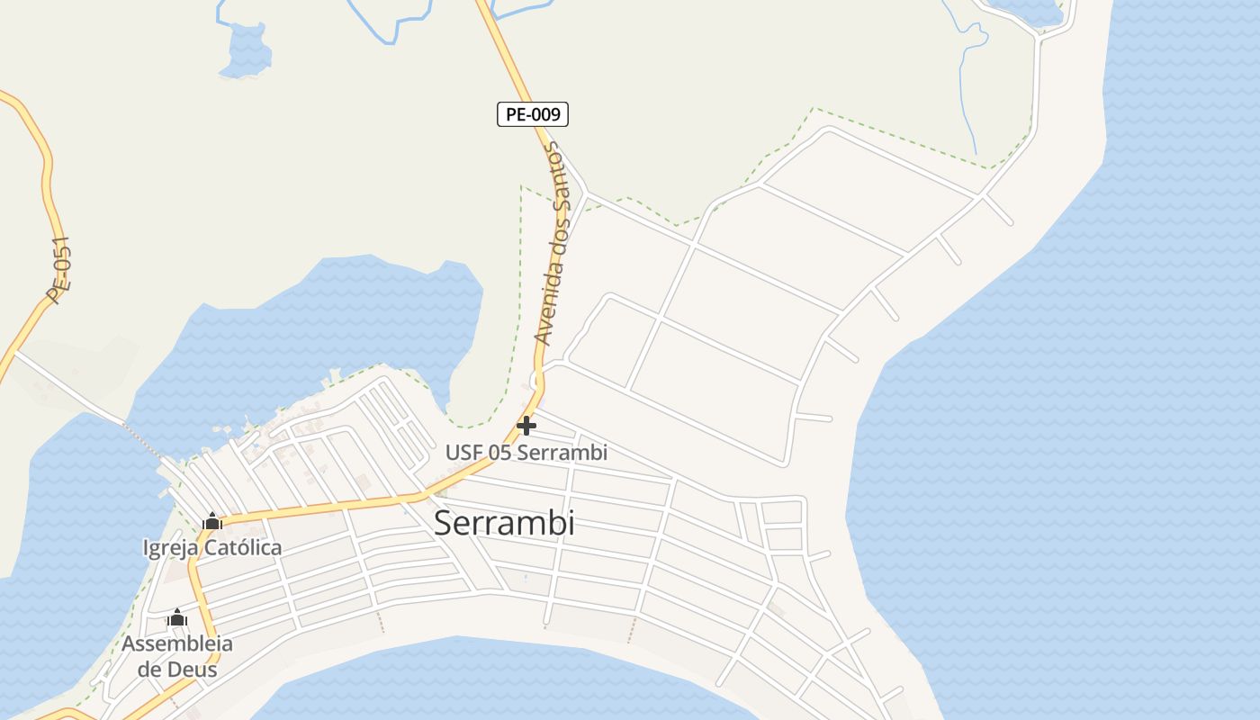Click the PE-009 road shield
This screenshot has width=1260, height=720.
click(533, 114)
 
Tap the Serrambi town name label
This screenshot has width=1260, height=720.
click(504, 523)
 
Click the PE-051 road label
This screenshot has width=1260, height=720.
click(58, 271)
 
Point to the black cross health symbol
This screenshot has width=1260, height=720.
click(526, 425)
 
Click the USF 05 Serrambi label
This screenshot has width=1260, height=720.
click(526, 453)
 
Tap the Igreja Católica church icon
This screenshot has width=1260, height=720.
click(212, 521)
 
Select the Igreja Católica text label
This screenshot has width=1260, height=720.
click(212, 547)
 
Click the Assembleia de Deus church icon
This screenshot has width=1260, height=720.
click(177, 617)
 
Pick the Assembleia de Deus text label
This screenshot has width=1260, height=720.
click(177, 656)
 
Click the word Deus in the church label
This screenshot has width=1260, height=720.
click(191, 670)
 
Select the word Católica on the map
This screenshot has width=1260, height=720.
click(242, 547)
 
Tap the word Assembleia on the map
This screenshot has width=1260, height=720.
click(177, 643)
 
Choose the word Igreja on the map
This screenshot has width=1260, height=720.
click(169, 547)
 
